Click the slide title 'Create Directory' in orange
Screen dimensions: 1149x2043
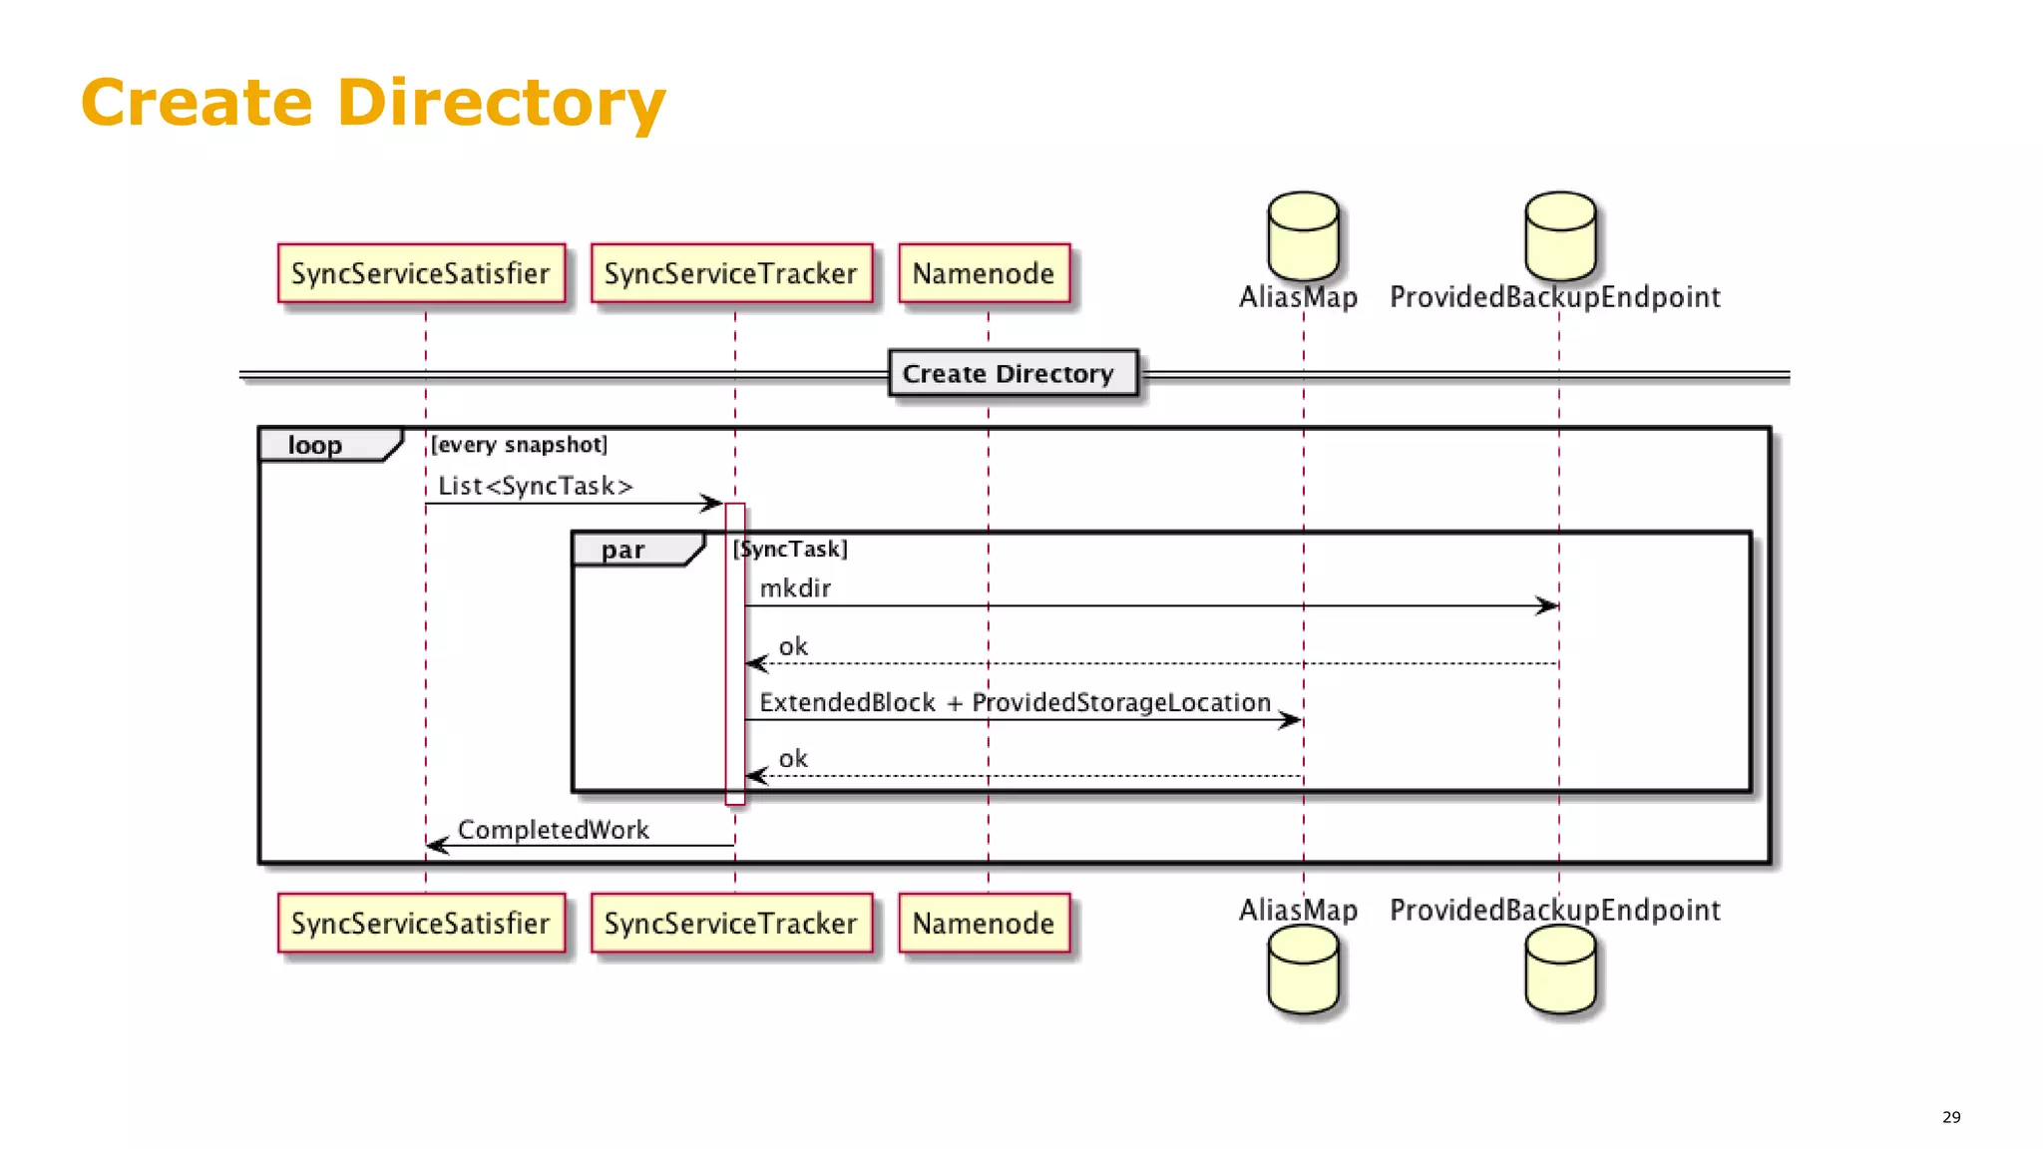(372, 103)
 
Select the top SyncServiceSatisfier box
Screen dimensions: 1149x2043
(421, 273)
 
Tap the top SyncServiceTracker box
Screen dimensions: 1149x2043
(731, 273)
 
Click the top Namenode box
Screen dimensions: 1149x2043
(984, 273)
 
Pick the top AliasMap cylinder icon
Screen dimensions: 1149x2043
(1303, 236)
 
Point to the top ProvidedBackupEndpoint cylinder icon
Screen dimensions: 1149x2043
(1560, 236)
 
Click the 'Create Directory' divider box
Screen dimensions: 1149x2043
(1012, 374)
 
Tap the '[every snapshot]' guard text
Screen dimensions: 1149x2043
(519, 445)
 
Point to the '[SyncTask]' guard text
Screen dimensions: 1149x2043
(790, 550)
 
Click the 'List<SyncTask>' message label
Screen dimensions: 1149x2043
(536, 486)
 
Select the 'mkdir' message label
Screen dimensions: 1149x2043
(795, 588)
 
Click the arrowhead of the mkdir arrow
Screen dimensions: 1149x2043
(1547, 605)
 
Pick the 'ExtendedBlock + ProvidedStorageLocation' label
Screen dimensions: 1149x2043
(1015, 702)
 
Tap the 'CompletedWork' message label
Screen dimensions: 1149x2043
(553, 830)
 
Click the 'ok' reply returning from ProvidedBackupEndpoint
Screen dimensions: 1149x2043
(793, 647)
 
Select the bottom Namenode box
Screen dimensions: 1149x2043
(984, 924)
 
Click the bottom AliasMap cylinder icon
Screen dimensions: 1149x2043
(1303, 969)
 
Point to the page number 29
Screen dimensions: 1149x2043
(1951, 1117)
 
